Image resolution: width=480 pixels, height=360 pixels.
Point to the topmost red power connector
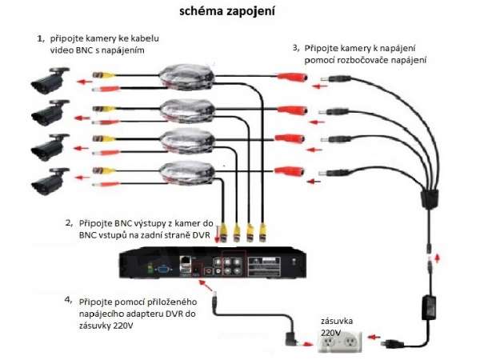(x=291, y=78)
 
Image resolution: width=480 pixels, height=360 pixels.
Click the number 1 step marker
(x=40, y=38)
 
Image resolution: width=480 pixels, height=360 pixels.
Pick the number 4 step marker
(x=68, y=302)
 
